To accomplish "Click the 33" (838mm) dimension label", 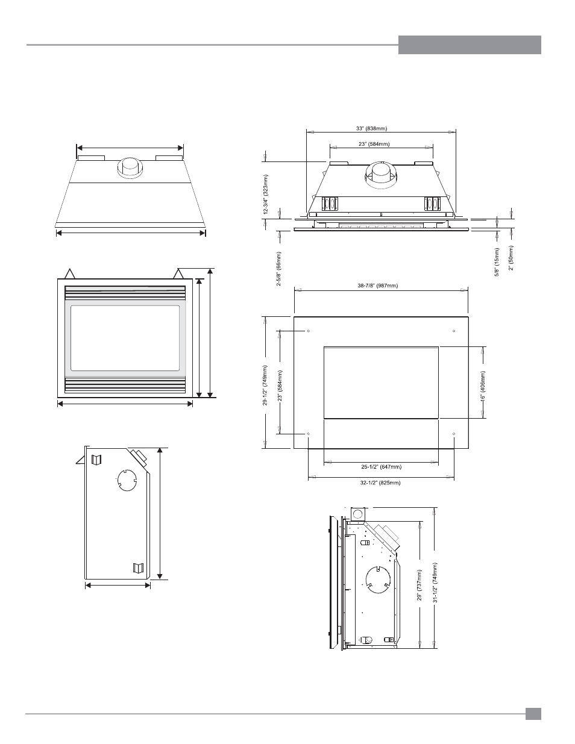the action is click(x=371, y=128).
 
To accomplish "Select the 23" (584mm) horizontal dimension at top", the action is click(x=374, y=144).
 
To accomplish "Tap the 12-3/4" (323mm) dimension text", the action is click(x=266, y=195).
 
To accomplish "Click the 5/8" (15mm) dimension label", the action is click(x=497, y=262).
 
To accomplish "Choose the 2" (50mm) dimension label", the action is click(x=511, y=258).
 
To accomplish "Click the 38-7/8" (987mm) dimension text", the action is click(x=378, y=286).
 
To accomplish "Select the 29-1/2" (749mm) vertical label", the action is click(x=265, y=386).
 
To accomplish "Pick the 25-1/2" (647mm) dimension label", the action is click(x=381, y=467).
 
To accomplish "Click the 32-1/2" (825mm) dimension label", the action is click(x=380, y=483).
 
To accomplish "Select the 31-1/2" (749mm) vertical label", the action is click(x=435, y=583).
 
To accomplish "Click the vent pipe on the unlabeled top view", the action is click(x=129, y=168).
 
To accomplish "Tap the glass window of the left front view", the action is click(x=125, y=338).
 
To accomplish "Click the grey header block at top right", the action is click(x=470, y=45).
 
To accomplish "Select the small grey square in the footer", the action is click(x=533, y=714).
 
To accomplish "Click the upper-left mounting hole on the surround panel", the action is click(x=309, y=331).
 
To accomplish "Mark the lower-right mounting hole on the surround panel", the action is click(x=454, y=434).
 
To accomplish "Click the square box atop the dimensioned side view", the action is click(x=358, y=514).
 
